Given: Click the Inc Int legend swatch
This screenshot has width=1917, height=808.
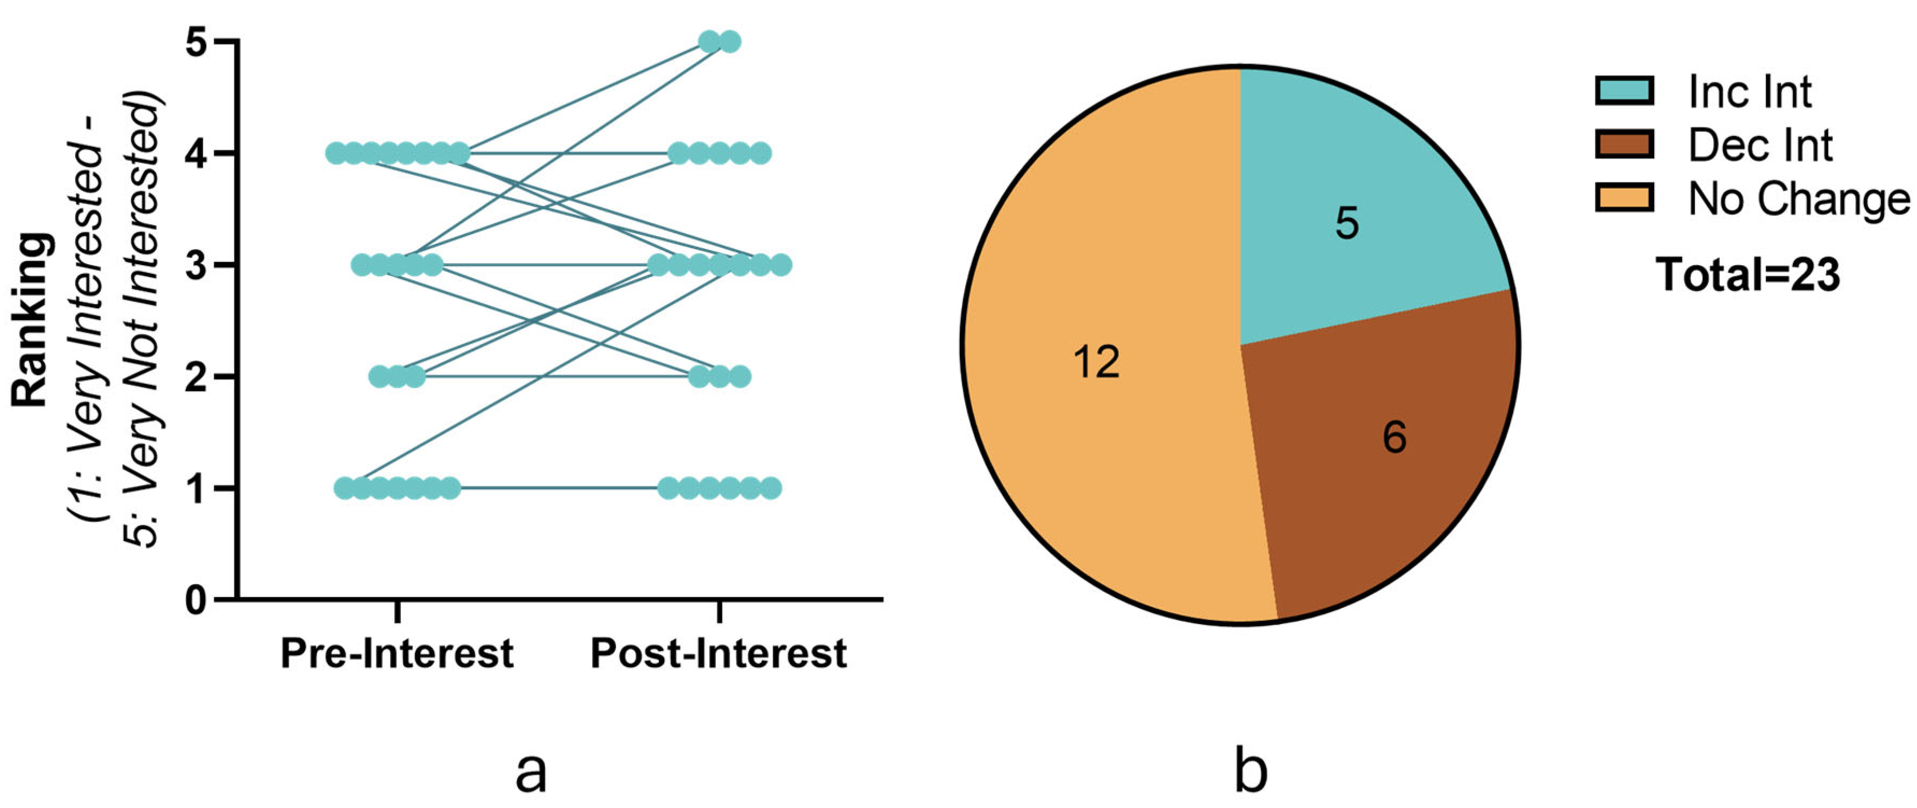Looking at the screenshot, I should click(1625, 91).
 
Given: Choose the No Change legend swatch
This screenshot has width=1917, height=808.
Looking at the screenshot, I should click(1625, 198).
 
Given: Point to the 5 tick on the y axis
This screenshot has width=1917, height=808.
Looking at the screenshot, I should click(197, 42).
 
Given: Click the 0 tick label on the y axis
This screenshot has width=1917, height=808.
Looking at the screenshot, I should click(197, 599).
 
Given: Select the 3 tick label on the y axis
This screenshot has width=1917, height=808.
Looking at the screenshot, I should click(197, 265).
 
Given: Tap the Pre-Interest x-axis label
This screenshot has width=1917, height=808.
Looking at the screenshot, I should click(397, 654).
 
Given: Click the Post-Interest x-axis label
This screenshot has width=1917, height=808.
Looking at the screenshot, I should click(718, 654).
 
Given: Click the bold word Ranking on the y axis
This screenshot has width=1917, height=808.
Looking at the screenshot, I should click(31, 320).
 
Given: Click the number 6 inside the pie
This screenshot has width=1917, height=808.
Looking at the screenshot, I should click(1395, 437).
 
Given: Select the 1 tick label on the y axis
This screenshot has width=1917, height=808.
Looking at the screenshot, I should click(197, 488).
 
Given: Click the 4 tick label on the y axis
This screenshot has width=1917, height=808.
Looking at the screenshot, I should click(197, 153).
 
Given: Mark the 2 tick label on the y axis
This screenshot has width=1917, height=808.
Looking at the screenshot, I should click(197, 377).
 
